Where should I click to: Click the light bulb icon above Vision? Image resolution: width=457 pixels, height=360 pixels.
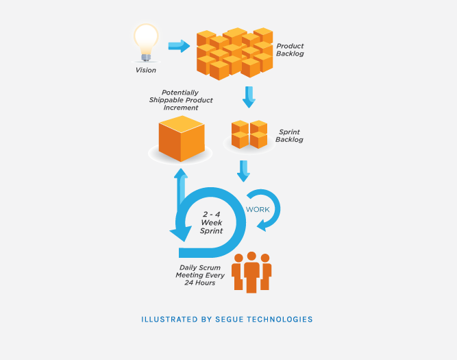146,43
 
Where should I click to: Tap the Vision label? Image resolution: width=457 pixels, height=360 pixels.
146,71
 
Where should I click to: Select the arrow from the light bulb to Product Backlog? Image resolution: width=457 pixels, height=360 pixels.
179,46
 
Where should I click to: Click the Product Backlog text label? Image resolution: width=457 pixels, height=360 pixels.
290,50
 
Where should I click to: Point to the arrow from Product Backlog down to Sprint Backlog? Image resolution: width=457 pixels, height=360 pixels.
249,97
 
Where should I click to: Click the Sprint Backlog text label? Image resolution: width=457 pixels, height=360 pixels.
289,136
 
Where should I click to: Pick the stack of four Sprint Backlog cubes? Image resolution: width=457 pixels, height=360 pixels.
249,134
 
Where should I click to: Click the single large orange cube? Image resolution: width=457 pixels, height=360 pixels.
182,139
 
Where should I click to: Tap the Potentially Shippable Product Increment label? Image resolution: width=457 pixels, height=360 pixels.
181,100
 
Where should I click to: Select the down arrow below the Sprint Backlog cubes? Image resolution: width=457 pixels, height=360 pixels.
243,171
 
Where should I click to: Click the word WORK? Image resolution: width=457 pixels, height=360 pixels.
258,209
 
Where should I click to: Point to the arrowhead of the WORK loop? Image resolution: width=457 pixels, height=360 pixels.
262,226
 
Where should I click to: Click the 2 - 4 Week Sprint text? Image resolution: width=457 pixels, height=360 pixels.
211,223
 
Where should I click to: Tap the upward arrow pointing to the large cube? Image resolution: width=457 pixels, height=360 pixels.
181,187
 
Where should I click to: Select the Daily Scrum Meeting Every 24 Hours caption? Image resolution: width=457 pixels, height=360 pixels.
200,275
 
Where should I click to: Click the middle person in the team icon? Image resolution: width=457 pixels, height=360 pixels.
251,272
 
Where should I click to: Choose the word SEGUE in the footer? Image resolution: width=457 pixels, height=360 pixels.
230,320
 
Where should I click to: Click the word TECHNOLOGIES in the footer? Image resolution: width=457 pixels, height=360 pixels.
280,320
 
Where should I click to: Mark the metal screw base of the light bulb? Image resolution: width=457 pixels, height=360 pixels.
146,58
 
